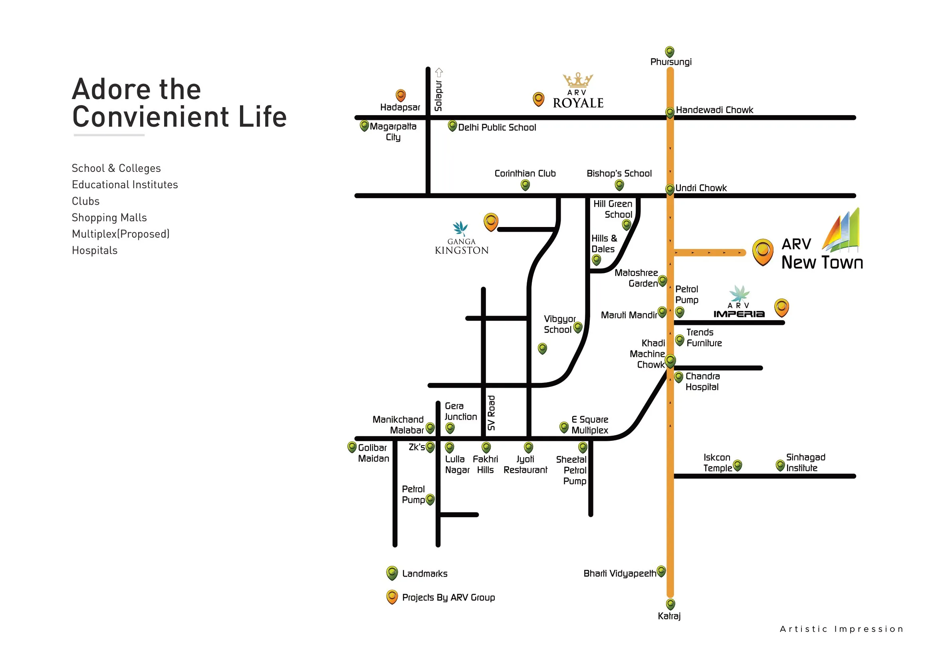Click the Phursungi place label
click(671, 62)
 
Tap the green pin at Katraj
click(670, 604)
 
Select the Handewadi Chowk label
click(714, 110)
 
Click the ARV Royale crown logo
click(578, 80)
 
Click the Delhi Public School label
click(497, 127)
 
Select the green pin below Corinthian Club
click(525, 185)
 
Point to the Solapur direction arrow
click(438, 72)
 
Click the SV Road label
click(492, 413)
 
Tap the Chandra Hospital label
click(702, 381)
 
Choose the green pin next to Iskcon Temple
click(737, 466)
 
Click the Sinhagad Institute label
click(805, 462)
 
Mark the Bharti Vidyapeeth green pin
click(661, 571)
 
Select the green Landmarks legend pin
click(392, 573)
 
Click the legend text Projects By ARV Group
click(448, 597)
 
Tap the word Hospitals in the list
click(94, 250)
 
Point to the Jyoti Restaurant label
click(525, 464)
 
